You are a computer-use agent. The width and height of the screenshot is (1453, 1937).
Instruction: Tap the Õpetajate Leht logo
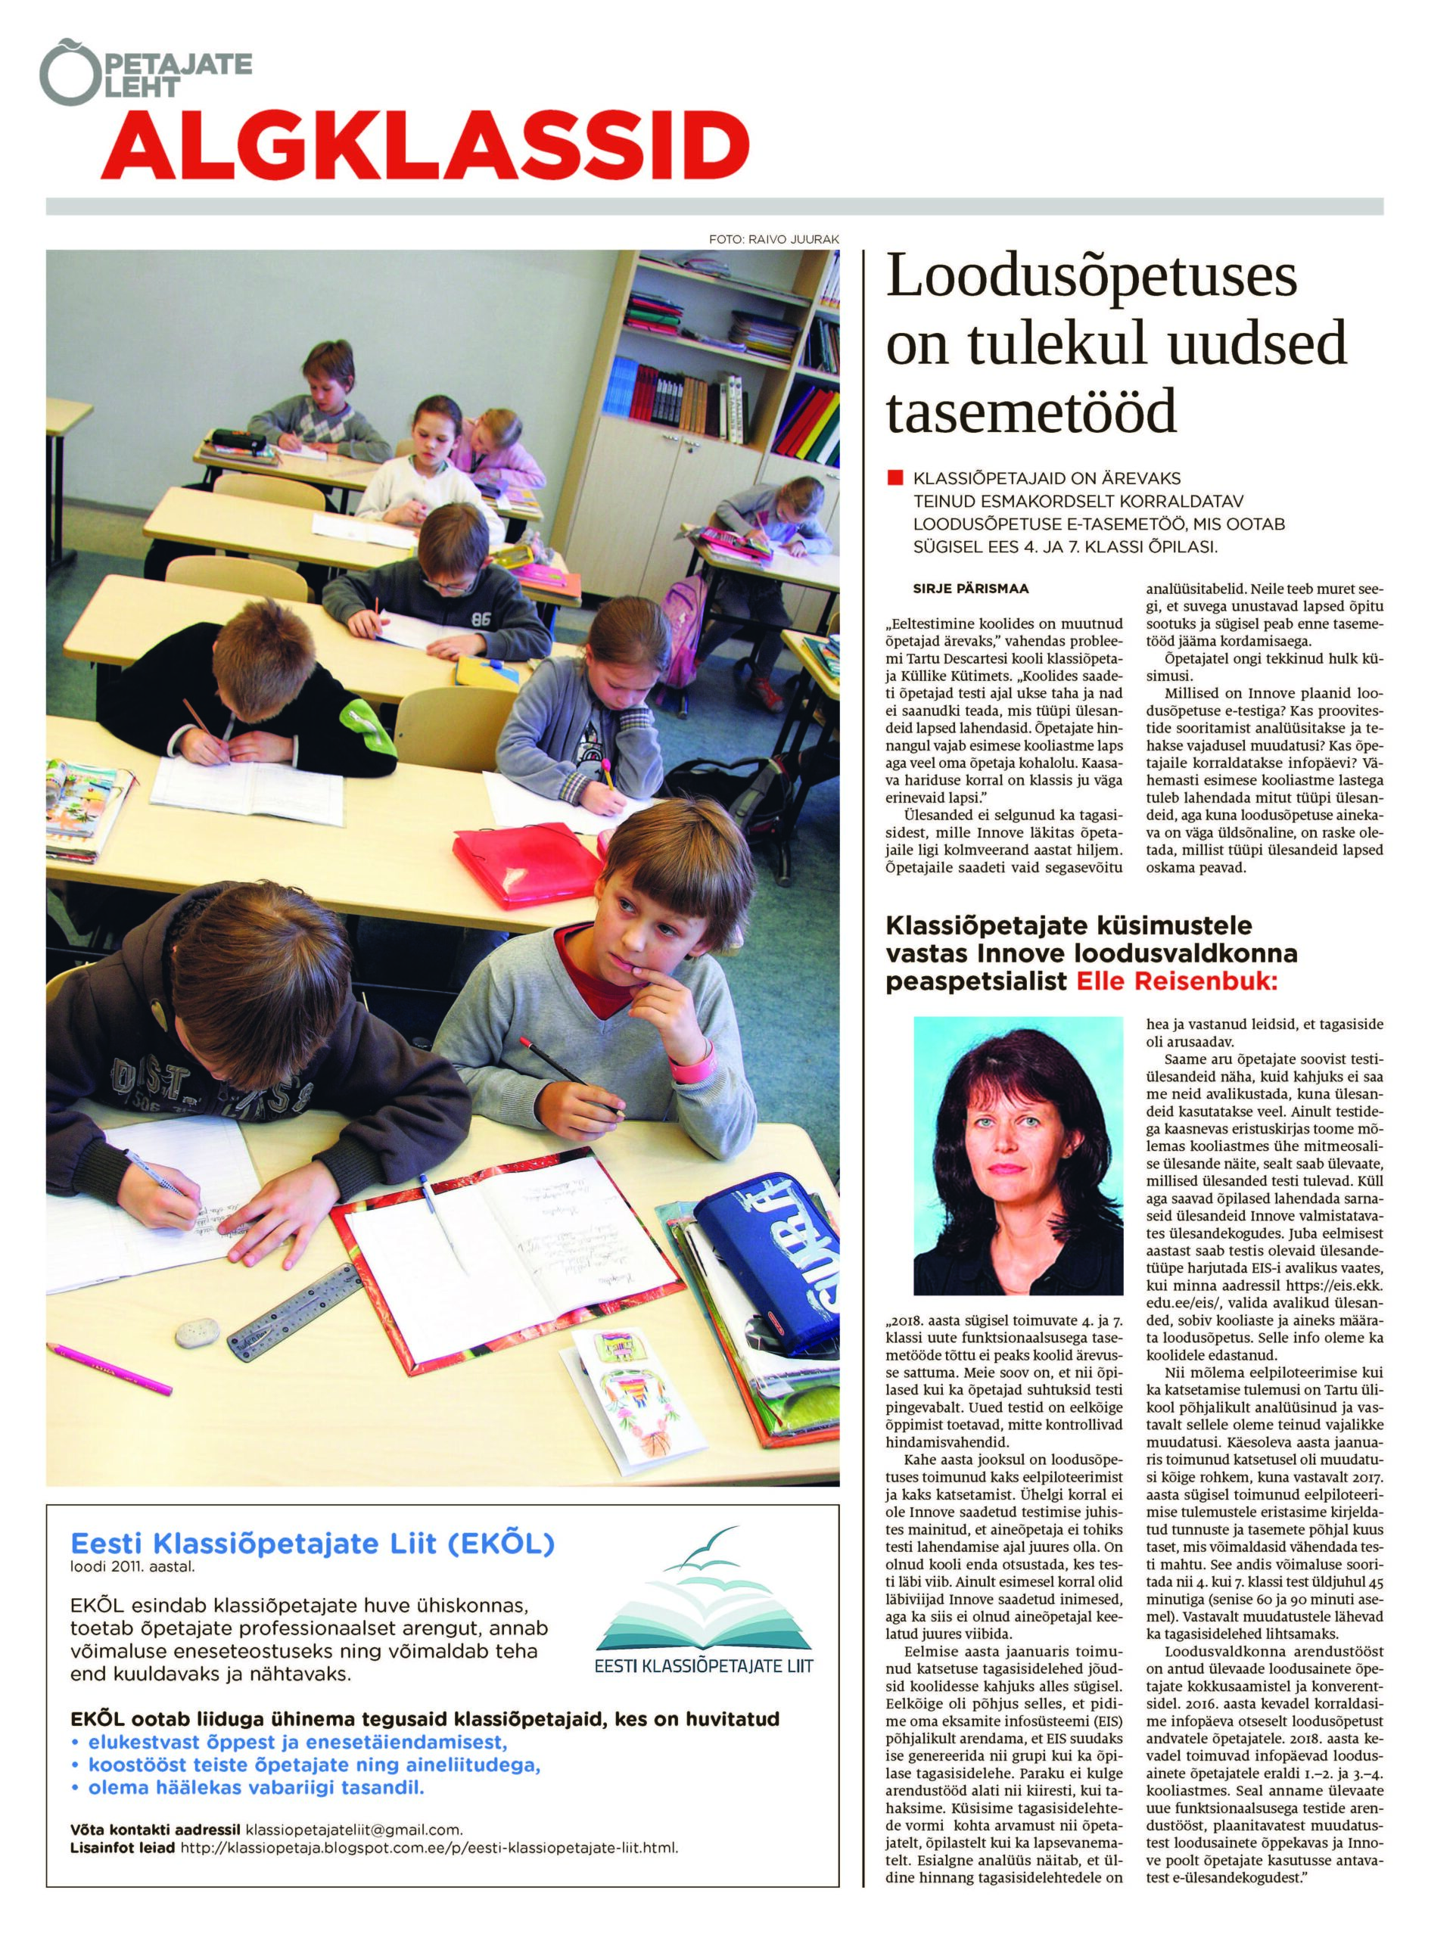pyautogui.click(x=145, y=73)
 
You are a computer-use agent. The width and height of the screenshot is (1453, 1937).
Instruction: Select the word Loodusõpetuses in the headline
pyautogui.click(x=1091, y=277)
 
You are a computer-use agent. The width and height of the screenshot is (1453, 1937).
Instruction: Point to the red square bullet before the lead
pyautogui.click(x=895, y=478)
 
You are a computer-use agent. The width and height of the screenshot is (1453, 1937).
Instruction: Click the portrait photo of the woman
pyautogui.click(x=1018, y=1153)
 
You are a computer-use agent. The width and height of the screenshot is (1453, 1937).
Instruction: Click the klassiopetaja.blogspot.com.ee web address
pyautogui.click(x=428, y=1848)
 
